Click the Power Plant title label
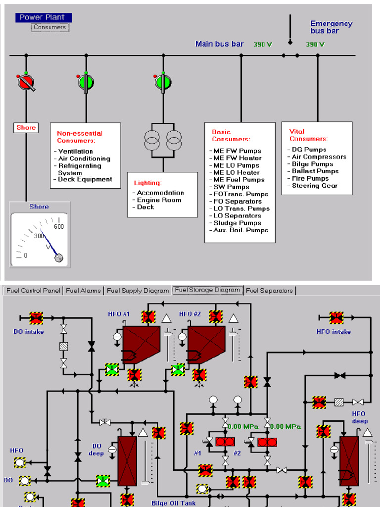44,17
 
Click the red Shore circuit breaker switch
26,82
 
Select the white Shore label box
26,127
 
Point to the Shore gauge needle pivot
59,257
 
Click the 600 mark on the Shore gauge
59,227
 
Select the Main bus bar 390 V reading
263,45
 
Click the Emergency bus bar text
331,27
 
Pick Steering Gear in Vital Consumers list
315,186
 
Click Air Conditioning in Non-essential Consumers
84,158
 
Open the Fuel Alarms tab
84,291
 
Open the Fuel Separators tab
270,291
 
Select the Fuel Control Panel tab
33,291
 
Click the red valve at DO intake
36,318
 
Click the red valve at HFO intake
336,318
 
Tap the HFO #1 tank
141,344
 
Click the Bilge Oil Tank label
173,503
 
